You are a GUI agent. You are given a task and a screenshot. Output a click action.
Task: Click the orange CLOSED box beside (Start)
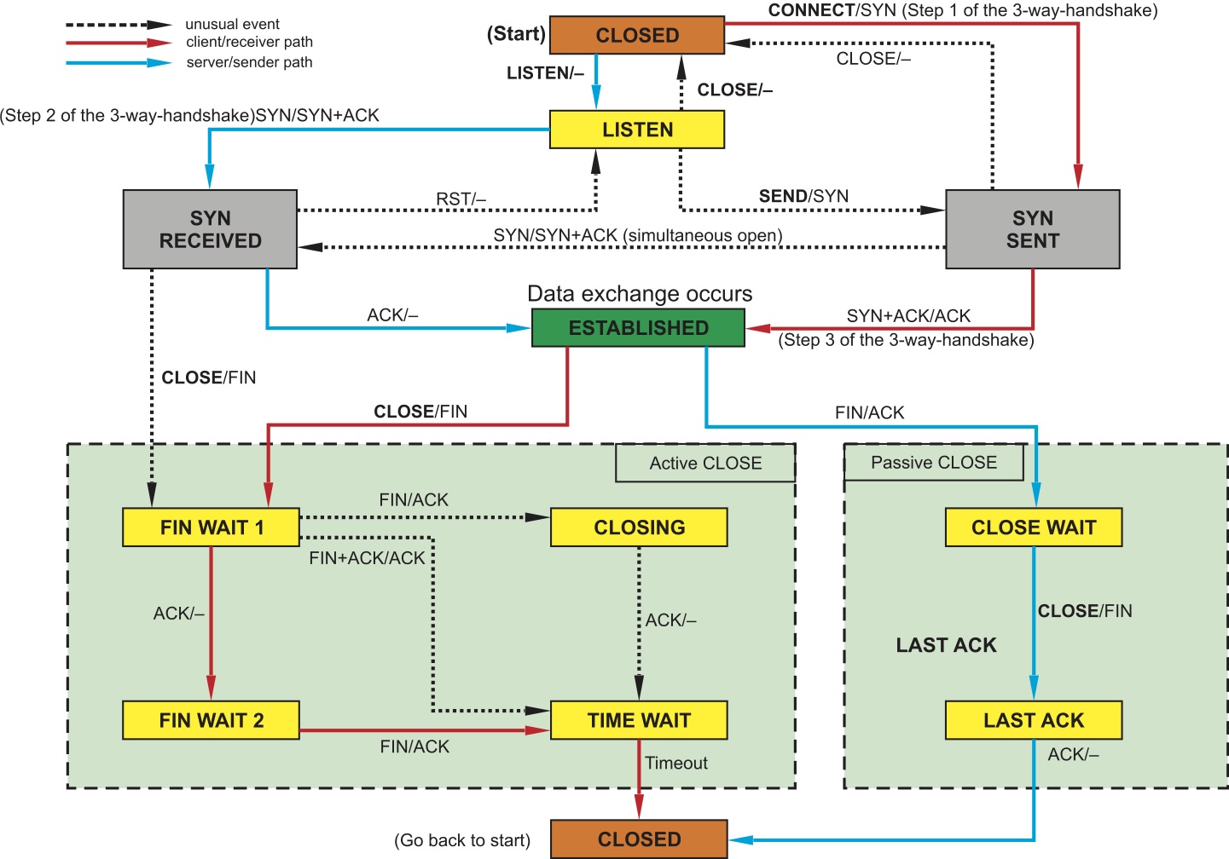coord(637,36)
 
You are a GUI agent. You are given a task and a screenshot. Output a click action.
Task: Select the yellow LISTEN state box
coord(637,130)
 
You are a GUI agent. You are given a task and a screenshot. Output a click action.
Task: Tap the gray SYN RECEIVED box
coord(210,229)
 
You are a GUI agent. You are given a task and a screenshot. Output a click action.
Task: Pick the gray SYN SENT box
coord(1032,229)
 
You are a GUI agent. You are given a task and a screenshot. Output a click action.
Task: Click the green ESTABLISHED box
coord(638,328)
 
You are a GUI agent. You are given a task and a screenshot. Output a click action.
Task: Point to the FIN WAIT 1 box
coord(212,528)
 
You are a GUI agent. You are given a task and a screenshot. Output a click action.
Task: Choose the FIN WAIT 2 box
coord(212,720)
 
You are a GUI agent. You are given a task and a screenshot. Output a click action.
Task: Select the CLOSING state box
coord(639,528)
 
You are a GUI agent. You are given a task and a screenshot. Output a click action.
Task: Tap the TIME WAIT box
coord(639,720)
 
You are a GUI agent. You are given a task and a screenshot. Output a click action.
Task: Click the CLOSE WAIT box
coord(1033,528)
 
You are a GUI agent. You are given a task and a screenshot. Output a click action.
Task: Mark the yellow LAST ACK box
coord(1033,720)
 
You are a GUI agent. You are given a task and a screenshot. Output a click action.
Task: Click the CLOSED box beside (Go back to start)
coord(639,839)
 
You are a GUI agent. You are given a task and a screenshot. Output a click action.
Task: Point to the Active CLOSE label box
coord(705,463)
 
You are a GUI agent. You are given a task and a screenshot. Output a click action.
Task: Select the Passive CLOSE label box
coord(933,462)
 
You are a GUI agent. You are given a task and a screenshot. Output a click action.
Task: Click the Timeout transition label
coord(675,763)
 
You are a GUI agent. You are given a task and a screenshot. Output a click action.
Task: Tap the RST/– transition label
coord(461,199)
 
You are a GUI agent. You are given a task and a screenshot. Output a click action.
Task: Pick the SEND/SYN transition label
coord(803,196)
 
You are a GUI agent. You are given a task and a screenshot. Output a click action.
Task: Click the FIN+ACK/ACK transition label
coord(367,558)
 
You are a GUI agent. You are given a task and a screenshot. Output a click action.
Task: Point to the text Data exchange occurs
coord(640,294)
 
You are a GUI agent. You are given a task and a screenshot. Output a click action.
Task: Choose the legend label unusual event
coord(232,24)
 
